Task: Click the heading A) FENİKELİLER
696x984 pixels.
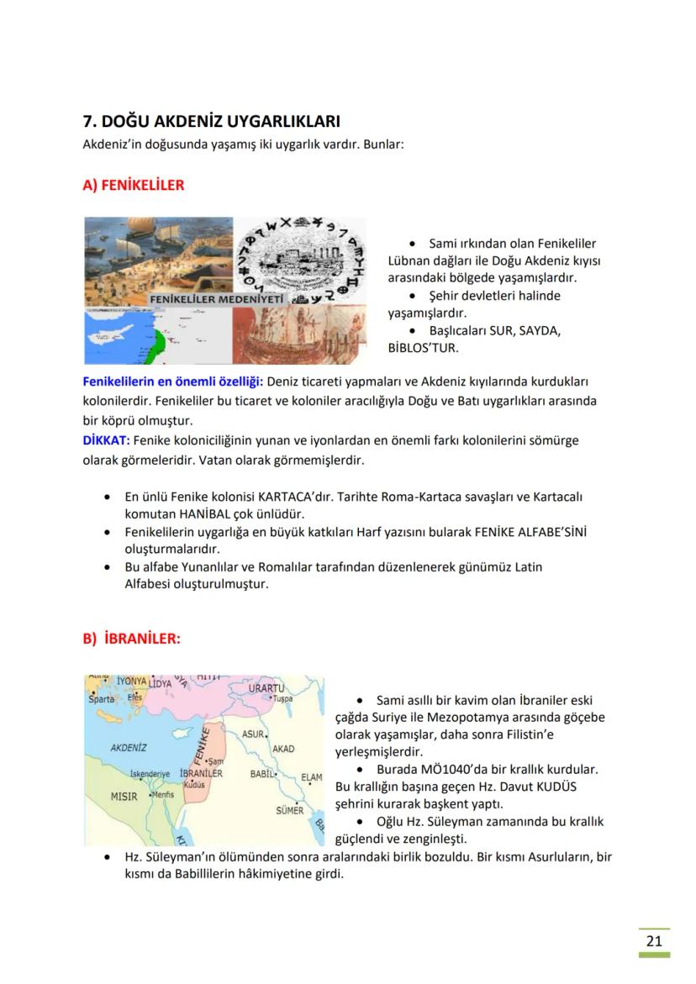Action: (x=133, y=185)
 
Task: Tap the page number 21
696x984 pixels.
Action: (x=654, y=940)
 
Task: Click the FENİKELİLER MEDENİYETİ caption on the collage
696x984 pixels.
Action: (x=217, y=299)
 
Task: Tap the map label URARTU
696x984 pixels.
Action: (x=266, y=688)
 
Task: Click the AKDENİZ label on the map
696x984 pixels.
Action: (x=129, y=746)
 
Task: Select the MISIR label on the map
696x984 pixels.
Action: (x=124, y=796)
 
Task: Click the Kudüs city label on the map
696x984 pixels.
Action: (x=194, y=784)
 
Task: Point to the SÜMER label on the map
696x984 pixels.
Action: (x=289, y=811)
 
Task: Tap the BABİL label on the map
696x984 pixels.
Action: (x=264, y=773)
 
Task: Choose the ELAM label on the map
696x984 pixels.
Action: (x=311, y=777)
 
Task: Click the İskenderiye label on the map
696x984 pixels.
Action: (x=150, y=773)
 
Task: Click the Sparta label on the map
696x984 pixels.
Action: (x=101, y=699)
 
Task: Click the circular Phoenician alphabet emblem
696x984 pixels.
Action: (x=299, y=260)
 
